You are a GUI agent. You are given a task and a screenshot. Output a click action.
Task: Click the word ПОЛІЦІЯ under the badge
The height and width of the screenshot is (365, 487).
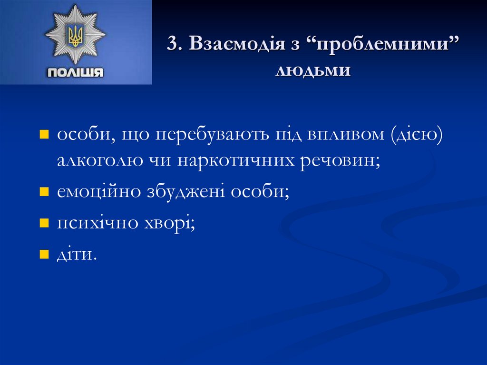coord(76,72)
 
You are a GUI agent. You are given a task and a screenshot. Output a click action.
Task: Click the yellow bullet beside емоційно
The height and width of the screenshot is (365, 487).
coord(44,192)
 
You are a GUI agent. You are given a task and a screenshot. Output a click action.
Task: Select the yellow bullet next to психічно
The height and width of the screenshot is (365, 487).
coord(44,222)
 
